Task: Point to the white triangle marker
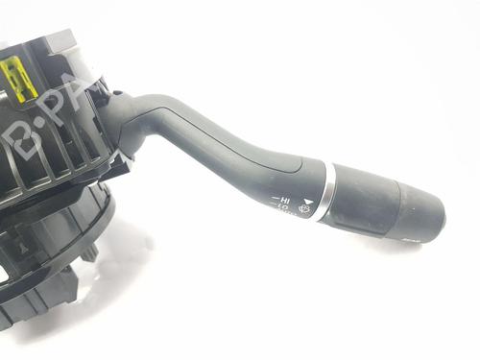pyautogui.click(x=306, y=190)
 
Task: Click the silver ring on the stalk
pyautogui.click(x=328, y=192)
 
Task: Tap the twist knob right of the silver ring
pyautogui.click(x=365, y=200)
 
